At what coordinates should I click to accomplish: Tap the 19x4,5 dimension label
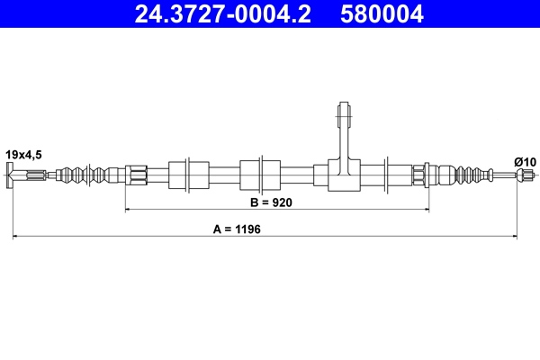coord(23,156)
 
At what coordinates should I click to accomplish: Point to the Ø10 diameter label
coord(525,161)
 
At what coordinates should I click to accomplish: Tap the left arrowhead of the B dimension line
coord(128,209)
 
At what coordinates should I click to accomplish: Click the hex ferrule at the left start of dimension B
coord(136,174)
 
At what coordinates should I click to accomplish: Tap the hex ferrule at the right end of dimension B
coord(419,174)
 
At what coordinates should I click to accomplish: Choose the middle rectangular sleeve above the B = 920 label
coord(251,173)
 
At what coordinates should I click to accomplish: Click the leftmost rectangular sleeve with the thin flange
coord(196,173)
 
